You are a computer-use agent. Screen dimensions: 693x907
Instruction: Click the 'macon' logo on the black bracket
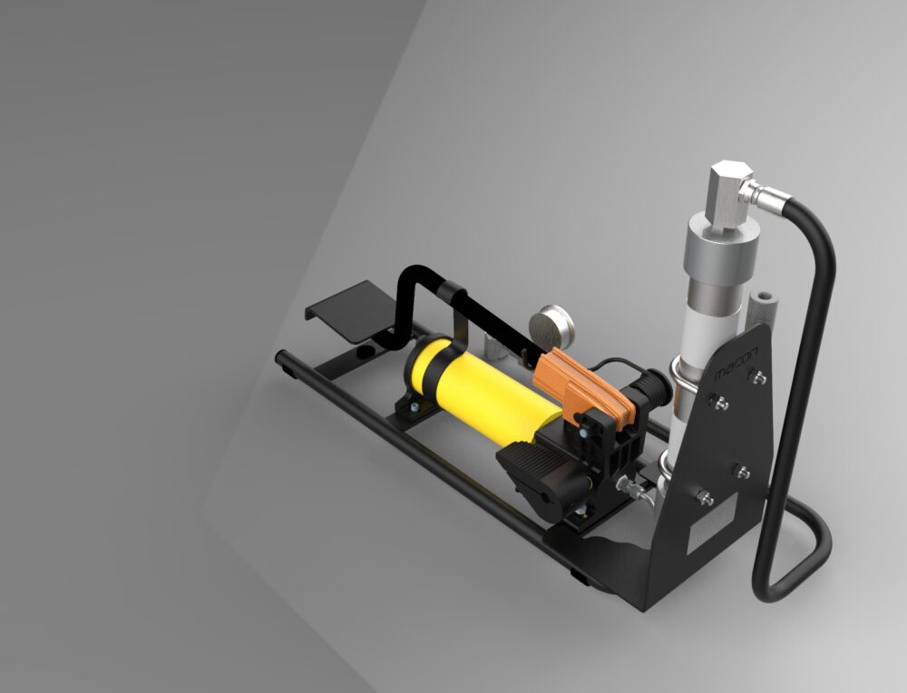point(737,363)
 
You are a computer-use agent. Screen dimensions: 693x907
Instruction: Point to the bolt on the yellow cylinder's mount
point(414,410)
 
